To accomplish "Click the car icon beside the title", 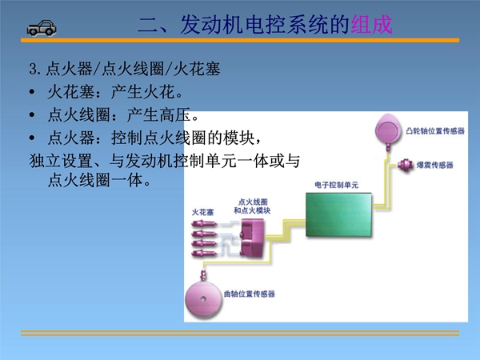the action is [x=42, y=28].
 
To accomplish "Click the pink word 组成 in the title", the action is [x=371, y=25].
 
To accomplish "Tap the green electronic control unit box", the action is [x=339, y=214].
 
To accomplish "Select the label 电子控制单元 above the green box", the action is [x=337, y=185].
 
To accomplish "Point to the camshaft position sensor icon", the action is [x=388, y=131].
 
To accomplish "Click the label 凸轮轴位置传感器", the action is [x=435, y=131].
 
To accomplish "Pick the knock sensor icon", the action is [x=405, y=165].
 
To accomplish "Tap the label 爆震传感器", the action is [x=434, y=166].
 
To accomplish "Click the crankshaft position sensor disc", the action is [x=203, y=298].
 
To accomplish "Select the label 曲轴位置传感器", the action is [x=249, y=294].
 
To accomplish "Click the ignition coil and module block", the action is [x=252, y=238].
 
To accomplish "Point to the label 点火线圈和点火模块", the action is [x=252, y=206].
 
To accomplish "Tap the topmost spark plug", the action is [x=204, y=224].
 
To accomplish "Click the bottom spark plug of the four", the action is [x=204, y=253].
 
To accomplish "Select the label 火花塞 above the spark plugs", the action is [x=202, y=212].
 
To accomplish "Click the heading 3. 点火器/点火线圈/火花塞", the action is [x=125, y=69].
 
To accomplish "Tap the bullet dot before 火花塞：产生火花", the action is [x=32, y=92].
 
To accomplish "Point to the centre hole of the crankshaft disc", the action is [x=203, y=299].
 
